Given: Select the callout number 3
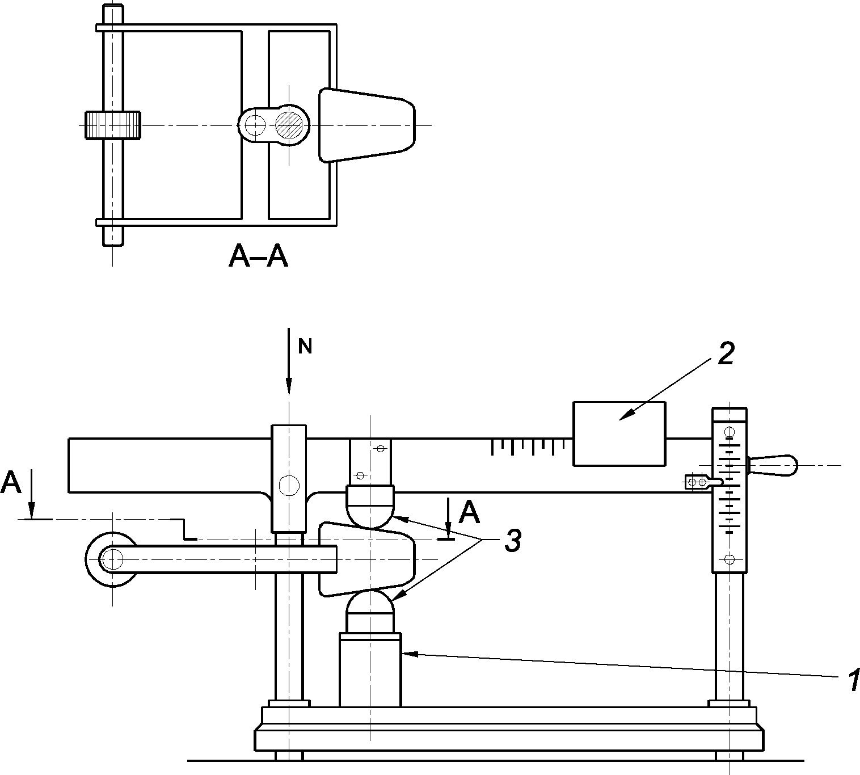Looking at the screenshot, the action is [513, 540].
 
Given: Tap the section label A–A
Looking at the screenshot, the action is [258, 256].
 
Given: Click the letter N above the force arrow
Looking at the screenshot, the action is [305, 347].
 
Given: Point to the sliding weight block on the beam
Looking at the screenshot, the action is [619, 433].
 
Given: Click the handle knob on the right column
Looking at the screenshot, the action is [772, 465].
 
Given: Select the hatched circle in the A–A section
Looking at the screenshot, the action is [289, 125].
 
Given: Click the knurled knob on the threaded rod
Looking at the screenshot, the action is [113, 125].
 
